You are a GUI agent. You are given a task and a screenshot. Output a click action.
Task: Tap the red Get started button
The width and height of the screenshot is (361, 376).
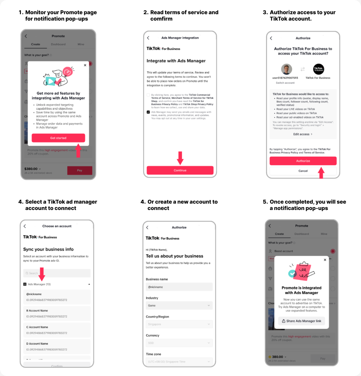coord(58,138)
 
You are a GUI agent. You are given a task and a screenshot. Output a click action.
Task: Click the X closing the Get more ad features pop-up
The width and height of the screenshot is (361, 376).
coord(85,65)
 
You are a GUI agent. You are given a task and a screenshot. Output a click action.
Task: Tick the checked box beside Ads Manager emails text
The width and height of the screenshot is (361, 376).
coord(148,112)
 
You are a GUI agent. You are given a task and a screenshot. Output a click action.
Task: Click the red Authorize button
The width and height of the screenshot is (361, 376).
coord(303,161)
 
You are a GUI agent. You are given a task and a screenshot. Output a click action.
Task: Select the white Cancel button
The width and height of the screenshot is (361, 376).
coord(303,171)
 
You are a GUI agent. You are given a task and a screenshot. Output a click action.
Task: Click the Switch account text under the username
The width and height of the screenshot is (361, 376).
coord(285,83)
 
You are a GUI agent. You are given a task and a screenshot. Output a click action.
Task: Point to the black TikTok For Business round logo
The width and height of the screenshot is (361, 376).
coord(319,69)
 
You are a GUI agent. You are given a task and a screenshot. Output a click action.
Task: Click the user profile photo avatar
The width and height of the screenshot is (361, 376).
coord(287,69)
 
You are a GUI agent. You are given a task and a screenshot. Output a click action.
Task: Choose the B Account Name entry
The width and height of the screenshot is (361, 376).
coord(57,313)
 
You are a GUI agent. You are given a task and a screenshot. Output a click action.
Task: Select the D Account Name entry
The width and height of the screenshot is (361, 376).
coord(57,346)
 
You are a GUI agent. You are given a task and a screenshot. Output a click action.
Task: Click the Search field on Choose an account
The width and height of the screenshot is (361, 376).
coord(57,273)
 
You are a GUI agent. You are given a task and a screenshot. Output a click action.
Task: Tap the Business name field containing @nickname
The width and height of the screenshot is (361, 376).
coord(179,287)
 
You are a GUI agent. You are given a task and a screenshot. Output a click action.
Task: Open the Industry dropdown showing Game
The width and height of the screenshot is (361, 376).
coord(179,305)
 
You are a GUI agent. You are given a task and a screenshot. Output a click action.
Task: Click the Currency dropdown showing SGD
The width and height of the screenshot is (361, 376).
coord(179,343)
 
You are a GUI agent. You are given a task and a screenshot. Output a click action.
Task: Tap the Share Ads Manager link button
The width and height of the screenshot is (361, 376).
coord(301,321)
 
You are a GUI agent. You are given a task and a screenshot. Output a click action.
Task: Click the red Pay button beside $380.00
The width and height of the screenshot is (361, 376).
coord(80,171)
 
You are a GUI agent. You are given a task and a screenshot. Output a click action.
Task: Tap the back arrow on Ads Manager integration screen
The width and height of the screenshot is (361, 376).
coord(148,38)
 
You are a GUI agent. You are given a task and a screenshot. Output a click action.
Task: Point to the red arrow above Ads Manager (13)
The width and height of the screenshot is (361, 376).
coord(41,274)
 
